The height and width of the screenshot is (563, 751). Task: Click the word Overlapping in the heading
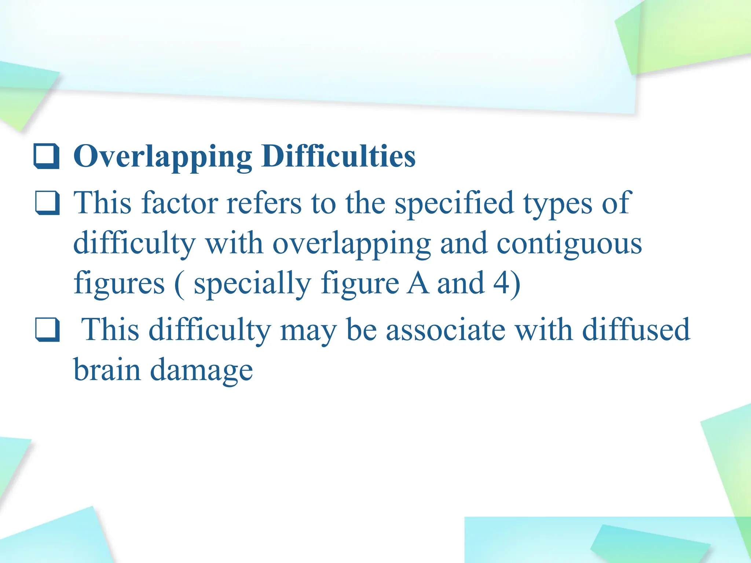click(x=162, y=157)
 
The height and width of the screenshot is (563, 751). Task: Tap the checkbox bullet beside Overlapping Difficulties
click(x=47, y=156)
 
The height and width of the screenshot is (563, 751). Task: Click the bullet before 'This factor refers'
click(x=47, y=203)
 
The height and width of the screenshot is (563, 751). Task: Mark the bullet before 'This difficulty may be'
click(x=47, y=330)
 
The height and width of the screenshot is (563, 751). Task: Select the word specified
click(x=454, y=204)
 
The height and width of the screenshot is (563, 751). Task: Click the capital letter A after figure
click(x=418, y=283)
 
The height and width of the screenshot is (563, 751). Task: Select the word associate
click(x=446, y=330)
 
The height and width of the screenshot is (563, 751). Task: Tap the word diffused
click(x=636, y=329)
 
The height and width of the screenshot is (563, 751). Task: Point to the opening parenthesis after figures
click(x=179, y=284)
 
